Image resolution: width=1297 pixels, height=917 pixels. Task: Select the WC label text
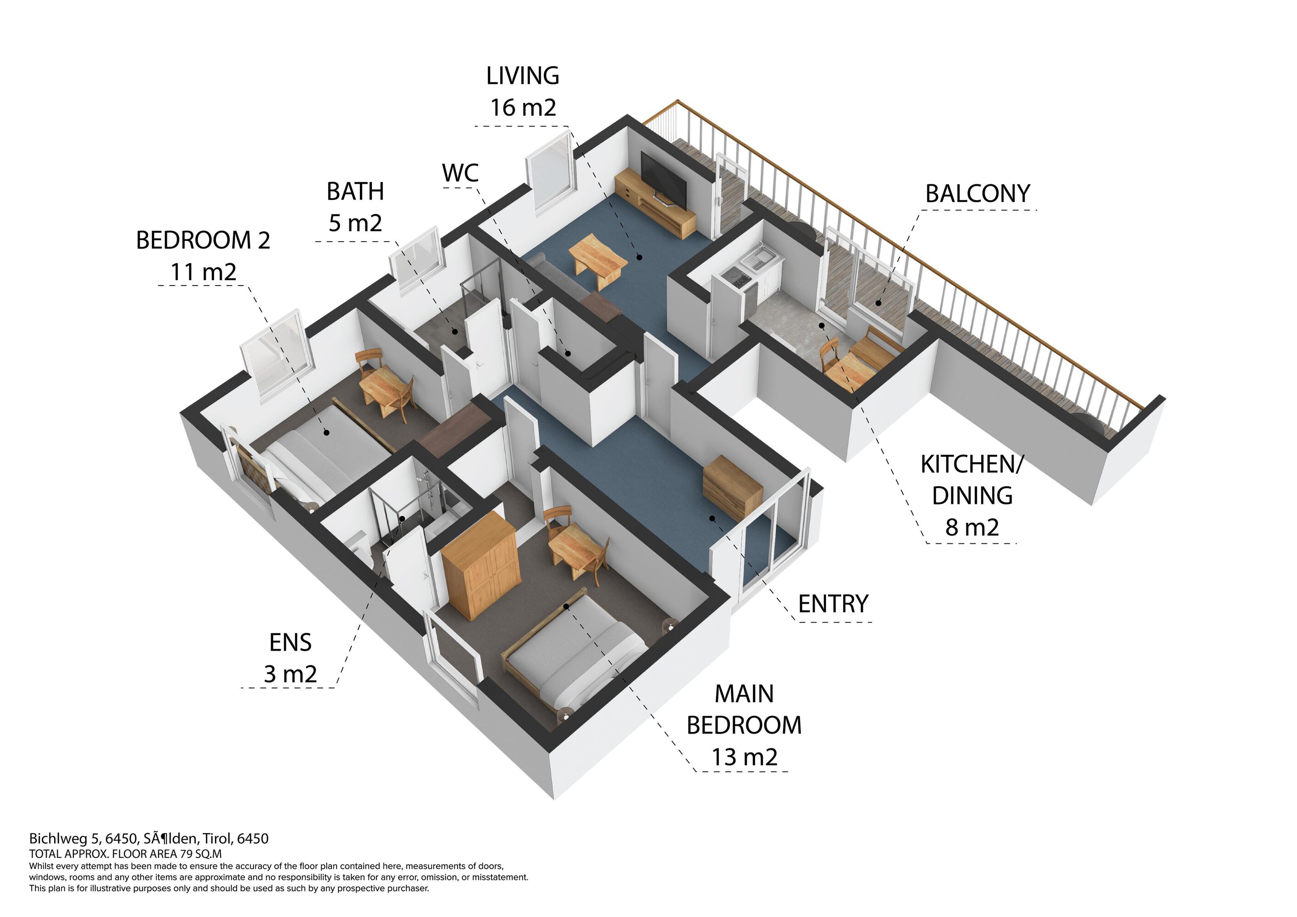click(460, 173)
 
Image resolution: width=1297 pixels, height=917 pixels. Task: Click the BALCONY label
click(977, 194)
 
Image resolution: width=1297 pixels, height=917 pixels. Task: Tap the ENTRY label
click(833, 604)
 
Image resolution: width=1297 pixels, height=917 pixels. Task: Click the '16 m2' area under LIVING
click(523, 107)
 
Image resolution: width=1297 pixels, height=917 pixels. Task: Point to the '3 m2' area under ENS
click(290, 674)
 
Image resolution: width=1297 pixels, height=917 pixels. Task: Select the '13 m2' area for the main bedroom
click(745, 757)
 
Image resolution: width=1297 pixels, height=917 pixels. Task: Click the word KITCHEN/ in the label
click(971, 464)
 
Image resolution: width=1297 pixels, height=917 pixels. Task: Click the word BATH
click(355, 192)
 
